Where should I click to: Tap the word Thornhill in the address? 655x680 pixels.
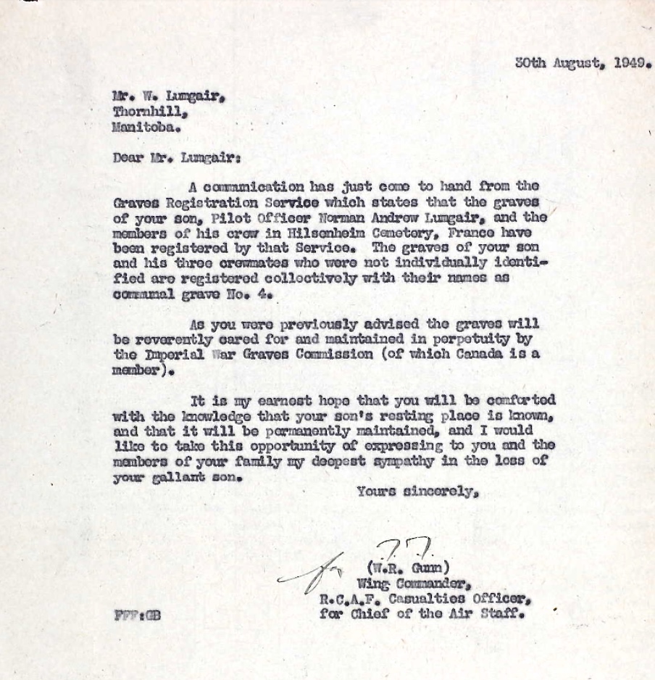click(150, 112)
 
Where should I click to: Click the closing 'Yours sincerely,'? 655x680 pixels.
click(418, 492)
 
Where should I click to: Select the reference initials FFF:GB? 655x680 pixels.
click(137, 615)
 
